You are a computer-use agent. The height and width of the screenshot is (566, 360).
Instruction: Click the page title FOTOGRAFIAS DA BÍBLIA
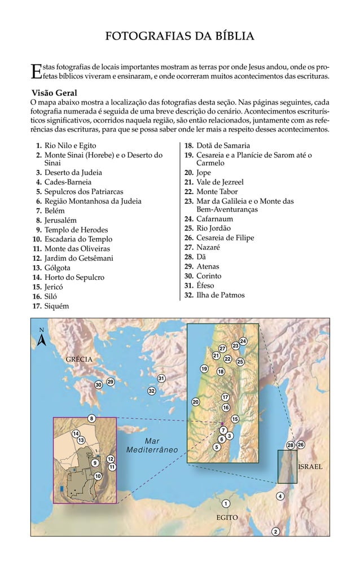click(180, 37)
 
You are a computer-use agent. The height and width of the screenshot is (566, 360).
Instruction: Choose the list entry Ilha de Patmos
click(219, 295)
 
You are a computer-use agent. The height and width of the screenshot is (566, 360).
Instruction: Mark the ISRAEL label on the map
click(310, 467)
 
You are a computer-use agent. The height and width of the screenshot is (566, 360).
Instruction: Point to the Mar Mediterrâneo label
click(152, 445)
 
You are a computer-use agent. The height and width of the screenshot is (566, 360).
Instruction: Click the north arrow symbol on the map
click(41, 339)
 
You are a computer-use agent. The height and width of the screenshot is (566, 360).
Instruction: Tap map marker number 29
click(111, 382)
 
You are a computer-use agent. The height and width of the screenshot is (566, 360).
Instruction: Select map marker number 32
click(151, 391)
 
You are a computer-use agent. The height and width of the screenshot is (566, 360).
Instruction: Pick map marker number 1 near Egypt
click(225, 503)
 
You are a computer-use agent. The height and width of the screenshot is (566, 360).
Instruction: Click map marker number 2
click(275, 532)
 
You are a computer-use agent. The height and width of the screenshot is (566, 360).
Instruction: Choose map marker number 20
click(196, 402)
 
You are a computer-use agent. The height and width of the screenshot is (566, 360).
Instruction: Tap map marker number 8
click(91, 418)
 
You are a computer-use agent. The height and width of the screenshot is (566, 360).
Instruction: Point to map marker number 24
click(243, 341)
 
